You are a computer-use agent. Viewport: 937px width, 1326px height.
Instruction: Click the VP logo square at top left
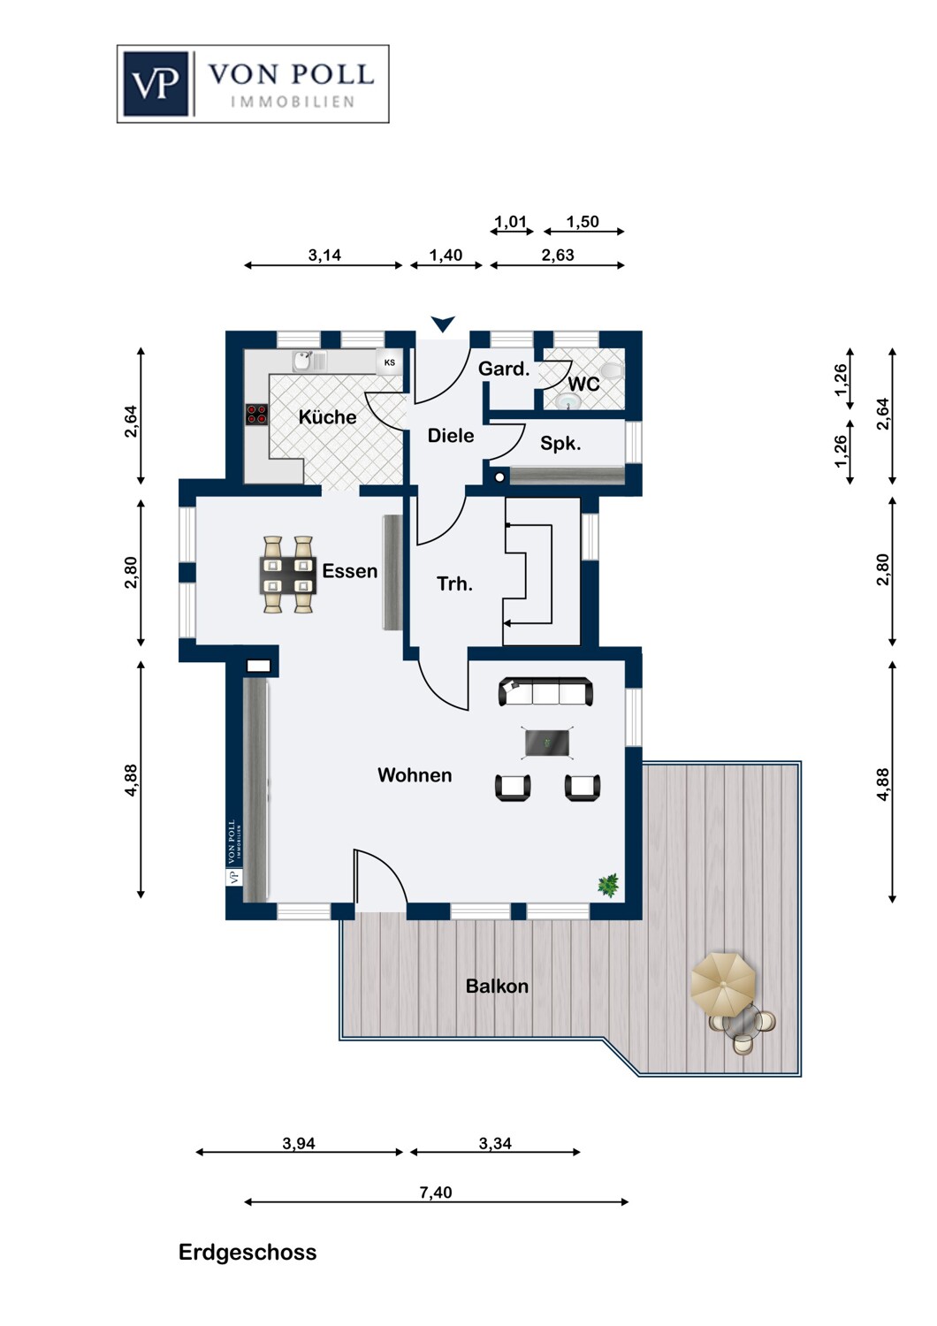click(156, 84)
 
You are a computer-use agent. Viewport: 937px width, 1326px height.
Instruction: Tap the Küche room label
click(327, 417)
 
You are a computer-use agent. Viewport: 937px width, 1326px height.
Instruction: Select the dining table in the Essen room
click(288, 575)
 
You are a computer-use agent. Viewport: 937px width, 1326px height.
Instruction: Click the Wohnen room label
click(415, 775)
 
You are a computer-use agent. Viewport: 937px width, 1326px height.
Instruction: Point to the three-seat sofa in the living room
click(545, 691)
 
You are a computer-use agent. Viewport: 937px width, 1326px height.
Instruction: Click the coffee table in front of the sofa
click(547, 743)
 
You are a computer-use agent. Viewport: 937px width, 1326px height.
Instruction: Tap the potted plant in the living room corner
click(608, 884)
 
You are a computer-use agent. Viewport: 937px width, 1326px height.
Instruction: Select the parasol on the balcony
click(723, 984)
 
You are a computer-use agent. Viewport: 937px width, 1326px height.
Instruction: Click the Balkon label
click(497, 987)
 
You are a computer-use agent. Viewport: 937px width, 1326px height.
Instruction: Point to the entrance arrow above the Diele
click(443, 324)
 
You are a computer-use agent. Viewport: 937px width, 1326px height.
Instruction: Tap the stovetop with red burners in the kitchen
click(256, 414)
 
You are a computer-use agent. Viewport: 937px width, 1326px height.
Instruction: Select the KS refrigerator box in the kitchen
click(389, 362)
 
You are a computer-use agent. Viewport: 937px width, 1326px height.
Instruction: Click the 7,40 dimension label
click(436, 1193)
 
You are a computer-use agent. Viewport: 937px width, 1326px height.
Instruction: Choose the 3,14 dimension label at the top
click(324, 255)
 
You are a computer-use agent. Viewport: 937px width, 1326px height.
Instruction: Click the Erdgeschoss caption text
click(248, 1253)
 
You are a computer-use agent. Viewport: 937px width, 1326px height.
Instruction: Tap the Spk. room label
click(560, 444)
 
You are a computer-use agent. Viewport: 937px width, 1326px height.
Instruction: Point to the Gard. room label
click(504, 369)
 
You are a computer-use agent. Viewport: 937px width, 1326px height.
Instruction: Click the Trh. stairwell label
click(454, 583)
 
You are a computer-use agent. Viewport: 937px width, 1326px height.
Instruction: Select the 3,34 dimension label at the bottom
click(495, 1143)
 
